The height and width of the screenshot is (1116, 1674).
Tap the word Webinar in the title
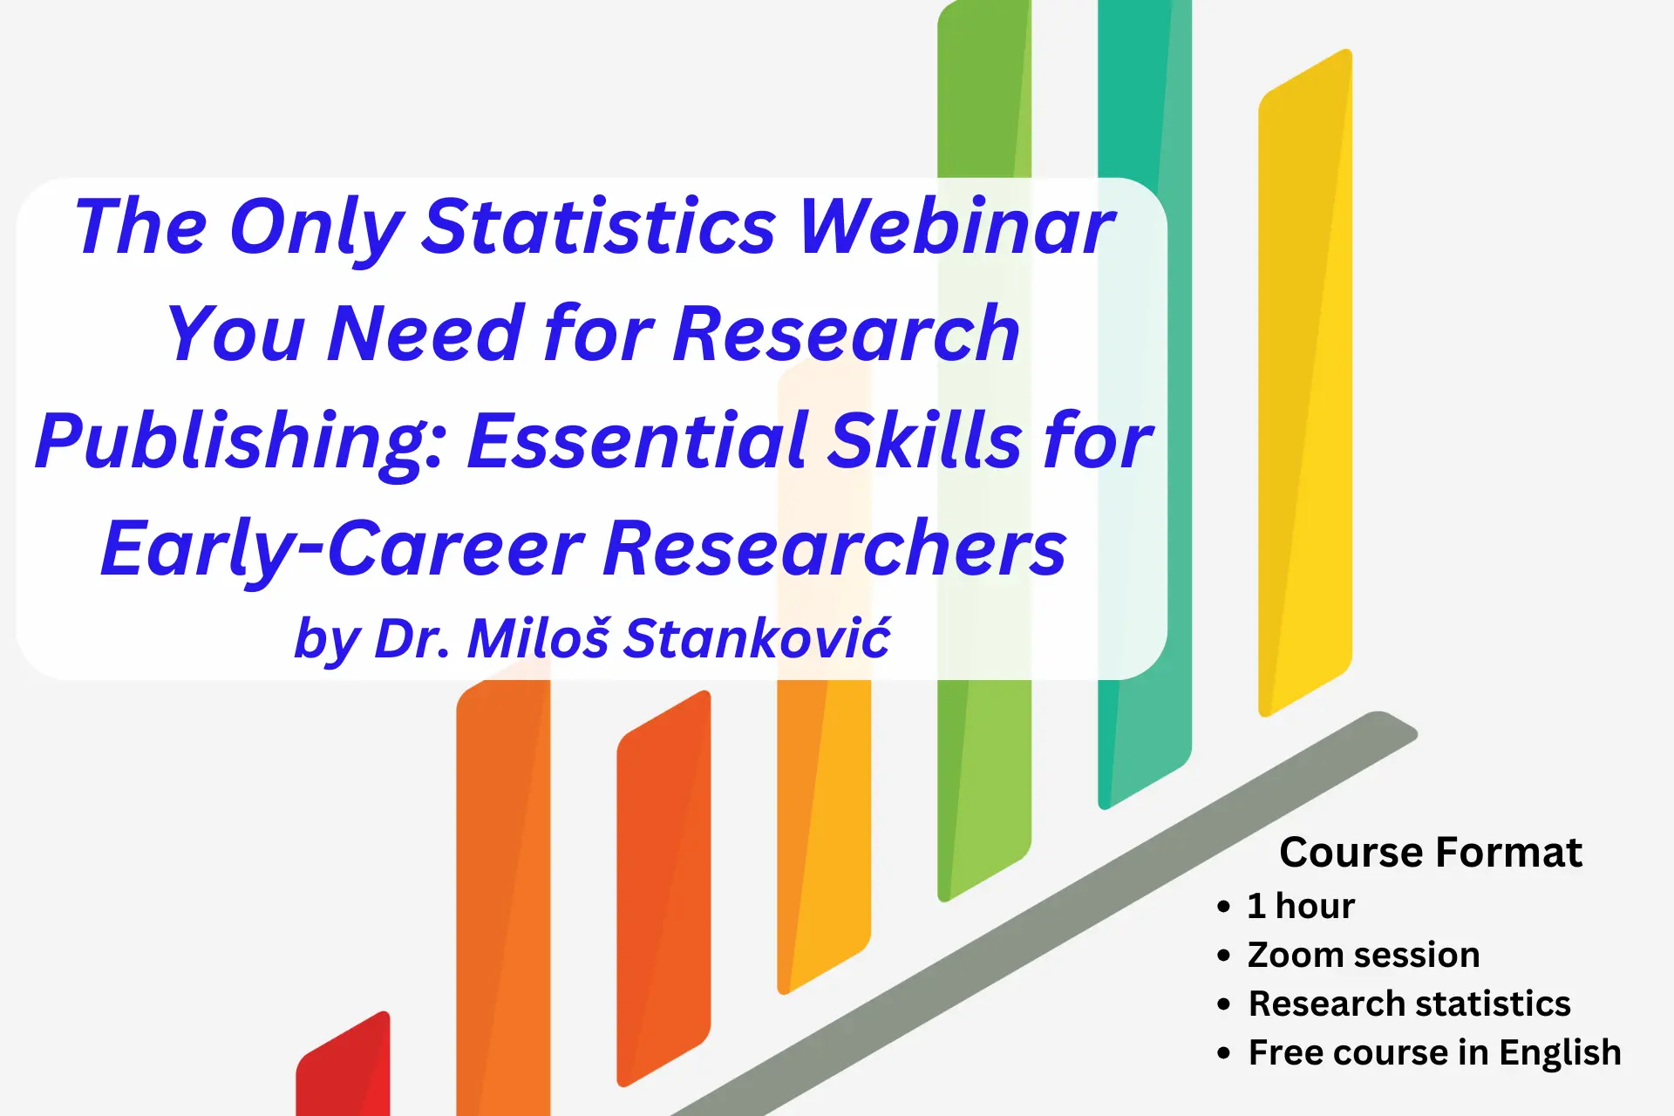957,226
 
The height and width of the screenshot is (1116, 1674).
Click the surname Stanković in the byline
759,637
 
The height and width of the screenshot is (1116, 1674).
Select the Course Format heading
1431,852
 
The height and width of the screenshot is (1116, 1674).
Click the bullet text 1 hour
1301,906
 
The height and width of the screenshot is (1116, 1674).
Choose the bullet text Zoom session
1364,955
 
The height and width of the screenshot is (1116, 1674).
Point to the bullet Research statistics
1410,1004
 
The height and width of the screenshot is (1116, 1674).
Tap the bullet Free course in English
1435,1053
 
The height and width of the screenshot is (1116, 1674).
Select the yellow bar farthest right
1305,384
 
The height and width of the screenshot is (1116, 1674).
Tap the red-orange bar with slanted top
663,889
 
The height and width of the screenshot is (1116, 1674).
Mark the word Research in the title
847,333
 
